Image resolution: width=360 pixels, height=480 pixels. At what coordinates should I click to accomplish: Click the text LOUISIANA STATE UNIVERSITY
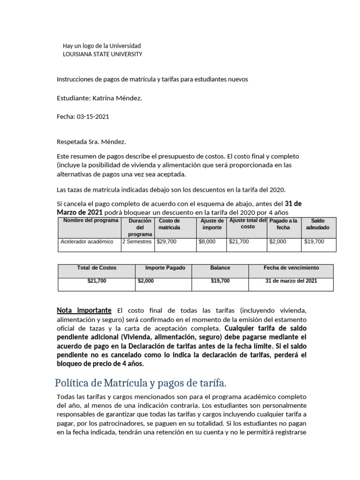pyautogui.click(x=102, y=54)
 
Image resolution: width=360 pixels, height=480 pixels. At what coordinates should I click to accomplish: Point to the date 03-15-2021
pyautogui.click(x=92, y=117)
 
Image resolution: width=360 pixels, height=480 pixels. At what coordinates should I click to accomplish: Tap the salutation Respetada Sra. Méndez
pyautogui.click(x=91, y=141)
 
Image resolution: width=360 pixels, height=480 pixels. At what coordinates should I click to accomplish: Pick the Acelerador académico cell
pyautogui.click(x=87, y=242)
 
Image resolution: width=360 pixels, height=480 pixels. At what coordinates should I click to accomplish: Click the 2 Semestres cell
pyautogui.click(x=137, y=242)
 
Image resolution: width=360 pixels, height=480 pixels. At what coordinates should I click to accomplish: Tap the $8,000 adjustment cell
pyautogui.click(x=207, y=242)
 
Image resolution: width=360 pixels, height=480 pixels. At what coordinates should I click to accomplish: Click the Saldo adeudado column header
pyautogui.click(x=317, y=224)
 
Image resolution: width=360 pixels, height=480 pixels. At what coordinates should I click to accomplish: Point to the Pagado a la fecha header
pyautogui.click(x=284, y=224)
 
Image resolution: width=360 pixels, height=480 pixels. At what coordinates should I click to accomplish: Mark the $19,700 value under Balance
pyautogui.click(x=220, y=281)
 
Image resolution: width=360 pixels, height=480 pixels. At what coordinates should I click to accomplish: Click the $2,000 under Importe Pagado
pyautogui.click(x=146, y=281)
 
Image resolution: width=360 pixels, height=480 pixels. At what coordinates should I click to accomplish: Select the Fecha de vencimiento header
pyautogui.click(x=291, y=268)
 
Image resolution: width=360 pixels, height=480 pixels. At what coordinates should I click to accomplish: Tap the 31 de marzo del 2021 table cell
pyautogui.click(x=291, y=281)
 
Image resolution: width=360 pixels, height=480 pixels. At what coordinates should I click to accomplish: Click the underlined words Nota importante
pyautogui.click(x=84, y=310)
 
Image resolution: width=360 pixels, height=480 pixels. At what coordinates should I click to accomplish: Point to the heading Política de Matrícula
pyautogui.click(x=141, y=383)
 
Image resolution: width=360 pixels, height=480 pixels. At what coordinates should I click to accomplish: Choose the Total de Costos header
pyautogui.click(x=97, y=268)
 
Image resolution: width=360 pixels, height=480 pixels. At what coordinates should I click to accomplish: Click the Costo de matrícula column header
pyautogui.click(x=169, y=224)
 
